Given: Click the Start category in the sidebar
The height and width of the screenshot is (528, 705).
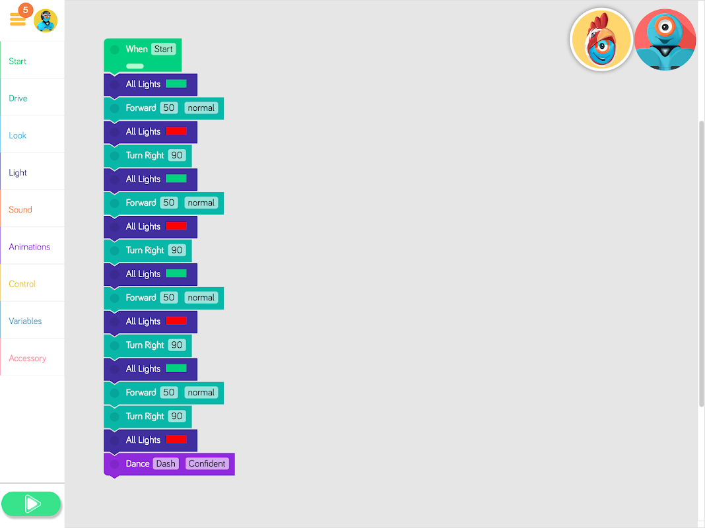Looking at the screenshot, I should click(18, 61).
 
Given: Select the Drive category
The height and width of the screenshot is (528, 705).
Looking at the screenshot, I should click(18, 98).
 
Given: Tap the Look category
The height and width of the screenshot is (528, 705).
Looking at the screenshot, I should click(18, 135).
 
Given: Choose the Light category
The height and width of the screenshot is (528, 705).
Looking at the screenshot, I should click(18, 173).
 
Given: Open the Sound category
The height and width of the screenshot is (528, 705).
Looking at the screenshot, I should click(20, 210).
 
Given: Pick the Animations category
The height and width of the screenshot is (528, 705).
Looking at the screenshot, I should click(30, 247).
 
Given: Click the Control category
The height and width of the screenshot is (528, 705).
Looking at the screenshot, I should click(22, 284).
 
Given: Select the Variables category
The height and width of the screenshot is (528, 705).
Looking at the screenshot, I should click(25, 321).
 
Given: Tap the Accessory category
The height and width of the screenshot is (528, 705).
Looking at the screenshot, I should click(28, 358).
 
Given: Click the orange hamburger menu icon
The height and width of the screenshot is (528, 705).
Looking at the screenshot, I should click(17, 20).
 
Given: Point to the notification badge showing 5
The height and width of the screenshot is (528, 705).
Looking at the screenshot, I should click(26, 10).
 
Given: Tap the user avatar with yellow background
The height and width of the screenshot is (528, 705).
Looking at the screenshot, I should click(46, 20).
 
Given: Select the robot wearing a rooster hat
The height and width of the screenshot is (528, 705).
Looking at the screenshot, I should click(601, 40).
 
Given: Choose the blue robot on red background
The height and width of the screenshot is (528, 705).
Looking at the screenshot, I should click(665, 40).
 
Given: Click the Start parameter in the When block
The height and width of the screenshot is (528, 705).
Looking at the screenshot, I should click(164, 49).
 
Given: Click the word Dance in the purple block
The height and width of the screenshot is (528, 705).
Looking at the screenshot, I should click(138, 464).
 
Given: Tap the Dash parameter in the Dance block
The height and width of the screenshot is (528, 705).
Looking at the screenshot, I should click(166, 464).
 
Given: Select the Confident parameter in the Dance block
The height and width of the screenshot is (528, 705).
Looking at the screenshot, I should click(207, 464).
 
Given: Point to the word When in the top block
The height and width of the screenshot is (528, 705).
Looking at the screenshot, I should click(137, 49).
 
